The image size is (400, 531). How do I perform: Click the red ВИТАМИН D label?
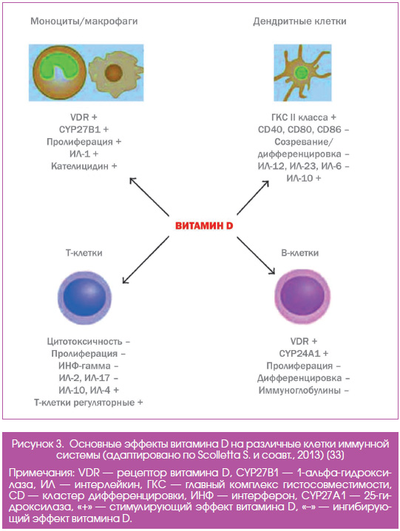click(x=204, y=226)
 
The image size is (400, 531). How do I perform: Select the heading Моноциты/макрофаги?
click(x=84, y=21)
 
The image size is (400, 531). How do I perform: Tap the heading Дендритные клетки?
click(x=299, y=21)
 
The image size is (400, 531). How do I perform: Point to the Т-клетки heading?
click(x=84, y=253)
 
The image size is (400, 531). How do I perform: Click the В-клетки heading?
click(x=299, y=253)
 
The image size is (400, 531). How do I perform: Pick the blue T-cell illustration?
click(x=84, y=297)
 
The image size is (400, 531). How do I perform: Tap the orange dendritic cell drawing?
click(x=301, y=72)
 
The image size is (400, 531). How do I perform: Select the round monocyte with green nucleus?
click(x=60, y=72)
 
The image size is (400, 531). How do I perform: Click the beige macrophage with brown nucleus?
click(x=115, y=74)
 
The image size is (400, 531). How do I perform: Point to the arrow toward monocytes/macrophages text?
click(x=149, y=196)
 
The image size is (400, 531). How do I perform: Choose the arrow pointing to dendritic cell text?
click(x=253, y=198)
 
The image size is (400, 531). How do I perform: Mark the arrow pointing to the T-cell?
click(x=146, y=260)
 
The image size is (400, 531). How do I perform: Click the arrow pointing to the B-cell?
click(x=256, y=256)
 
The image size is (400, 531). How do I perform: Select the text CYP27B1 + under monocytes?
click(x=84, y=129)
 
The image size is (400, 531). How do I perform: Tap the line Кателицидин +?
click(x=84, y=166)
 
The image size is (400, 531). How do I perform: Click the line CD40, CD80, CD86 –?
click(x=303, y=129)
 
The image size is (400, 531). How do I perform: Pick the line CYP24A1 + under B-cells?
click(x=304, y=354)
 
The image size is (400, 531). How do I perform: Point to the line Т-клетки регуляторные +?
click(x=89, y=402)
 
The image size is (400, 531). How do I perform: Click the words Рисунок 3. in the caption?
click(x=38, y=444)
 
